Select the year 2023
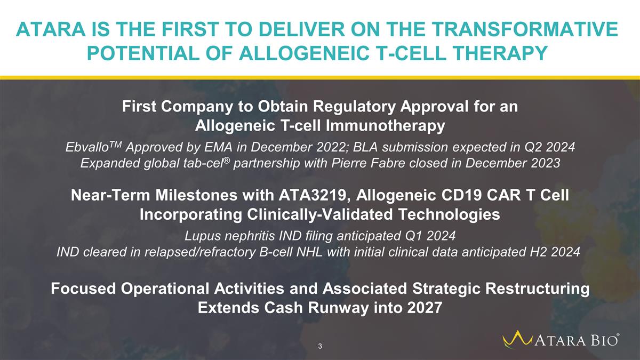pyautogui.click(x=545, y=163)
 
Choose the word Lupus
pyautogui.click(x=202, y=236)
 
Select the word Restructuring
pyautogui.click(x=537, y=289)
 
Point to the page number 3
pyautogui.click(x=320, y=346)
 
